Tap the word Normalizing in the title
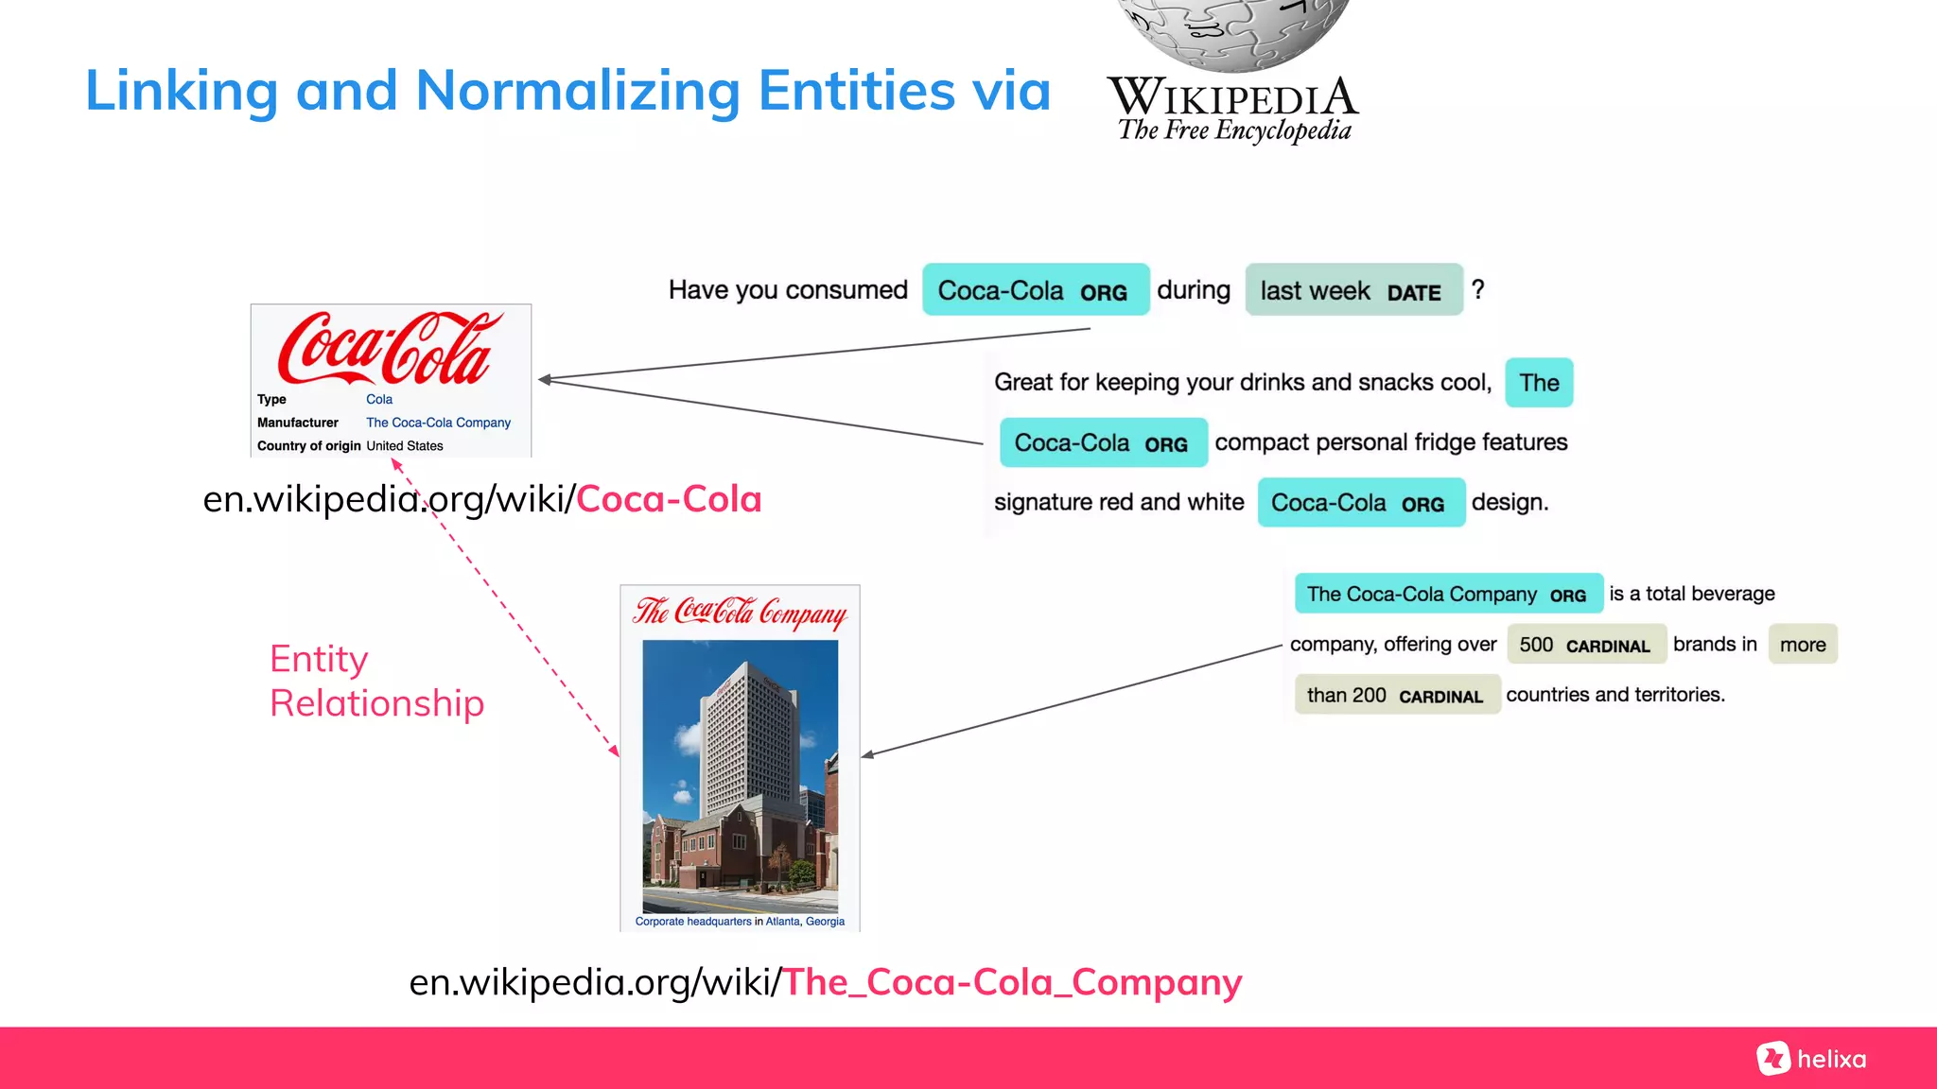tap(578, 91)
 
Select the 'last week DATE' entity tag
tap(1353, 290)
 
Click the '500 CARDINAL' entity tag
tap(1584, 645)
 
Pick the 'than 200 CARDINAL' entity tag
tap(1396, 695)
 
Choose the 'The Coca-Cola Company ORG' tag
tap(1447, 594)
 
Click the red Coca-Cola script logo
tap(389, 348)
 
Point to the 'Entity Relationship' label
tap(376, 681)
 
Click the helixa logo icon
tap(1773, 1058)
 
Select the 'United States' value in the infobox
tap(405, 446)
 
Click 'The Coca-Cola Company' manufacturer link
tap(438, 423)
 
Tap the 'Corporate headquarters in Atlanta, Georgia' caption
tap(740, 921)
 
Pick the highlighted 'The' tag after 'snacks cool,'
tap(1539, 383)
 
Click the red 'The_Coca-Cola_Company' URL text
tap(1012, 982)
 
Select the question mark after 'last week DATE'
tap(1478, 289)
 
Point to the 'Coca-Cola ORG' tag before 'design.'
tap(1360, 503)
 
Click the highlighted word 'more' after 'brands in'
tap(1803, 645)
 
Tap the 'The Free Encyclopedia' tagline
tap(1234, 130)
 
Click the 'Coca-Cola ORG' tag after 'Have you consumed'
tap(1035, 290)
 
